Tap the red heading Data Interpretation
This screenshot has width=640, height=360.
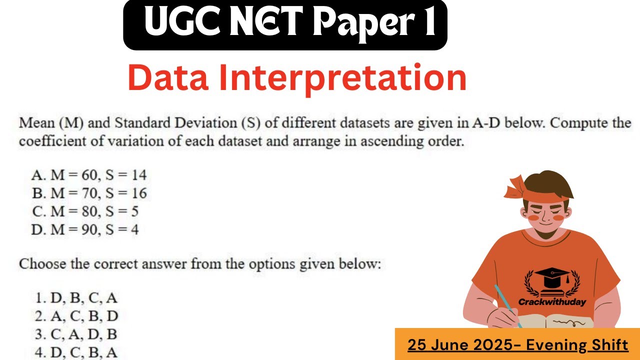click(x=297, y=78)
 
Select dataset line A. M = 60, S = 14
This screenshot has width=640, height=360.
click(x=89, y=175)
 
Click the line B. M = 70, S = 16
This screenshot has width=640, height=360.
click(x=89, y=193)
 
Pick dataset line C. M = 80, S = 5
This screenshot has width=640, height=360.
click(x=85, y=211)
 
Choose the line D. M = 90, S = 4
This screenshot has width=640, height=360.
click(x=85, y=229)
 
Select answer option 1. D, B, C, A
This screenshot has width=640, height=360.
click(x=76, y=298)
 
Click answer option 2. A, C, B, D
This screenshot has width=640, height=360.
click(x=76, y=316)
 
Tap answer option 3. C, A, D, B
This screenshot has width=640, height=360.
click(x=76, y=334)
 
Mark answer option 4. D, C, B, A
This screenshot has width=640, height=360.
click(x=76, y=352)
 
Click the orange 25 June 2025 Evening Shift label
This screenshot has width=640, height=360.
click(x=517, y=344)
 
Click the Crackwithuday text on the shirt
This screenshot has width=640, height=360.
click(x=552, y=302)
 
